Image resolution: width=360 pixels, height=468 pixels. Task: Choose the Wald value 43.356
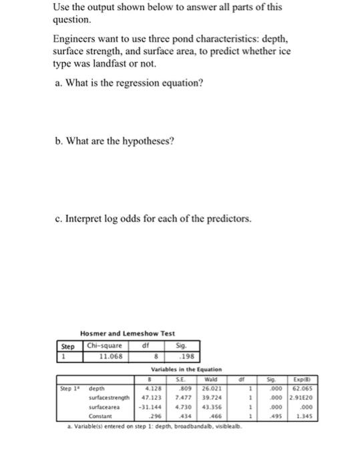[x=208, y=406]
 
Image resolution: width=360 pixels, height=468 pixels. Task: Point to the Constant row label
[x=102, y=415]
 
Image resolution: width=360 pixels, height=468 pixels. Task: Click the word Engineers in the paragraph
[x=75, y=39]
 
